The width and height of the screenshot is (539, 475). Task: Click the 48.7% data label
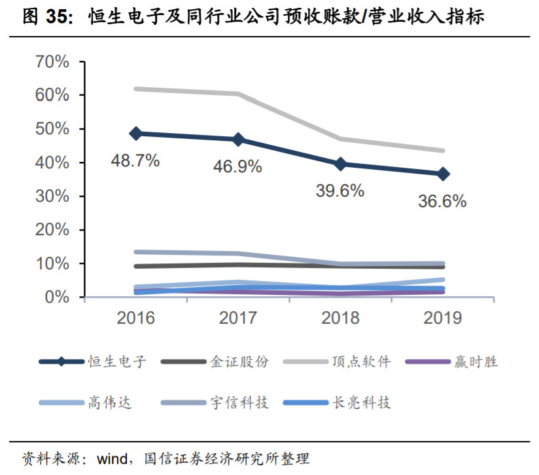click(x=135, y=161)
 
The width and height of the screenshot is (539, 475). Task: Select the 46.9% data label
click(x=237, y=167)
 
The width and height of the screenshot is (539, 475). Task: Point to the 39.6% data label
click(x=339, y=191)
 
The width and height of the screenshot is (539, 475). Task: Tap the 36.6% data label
click(x=442, y=201)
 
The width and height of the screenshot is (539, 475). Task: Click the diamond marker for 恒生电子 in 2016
click(x=135, y=133)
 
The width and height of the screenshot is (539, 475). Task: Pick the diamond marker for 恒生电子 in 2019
click(x=443, y=174)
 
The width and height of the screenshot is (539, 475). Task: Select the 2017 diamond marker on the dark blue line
click(x=238, y=140)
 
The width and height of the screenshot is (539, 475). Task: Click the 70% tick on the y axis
click(x=52, y=62)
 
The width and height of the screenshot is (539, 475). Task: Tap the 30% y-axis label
click(x=52, y=197)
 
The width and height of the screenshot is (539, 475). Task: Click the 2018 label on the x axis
click(x=340, y=318)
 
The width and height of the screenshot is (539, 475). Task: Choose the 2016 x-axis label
click(x=135, y=318)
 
